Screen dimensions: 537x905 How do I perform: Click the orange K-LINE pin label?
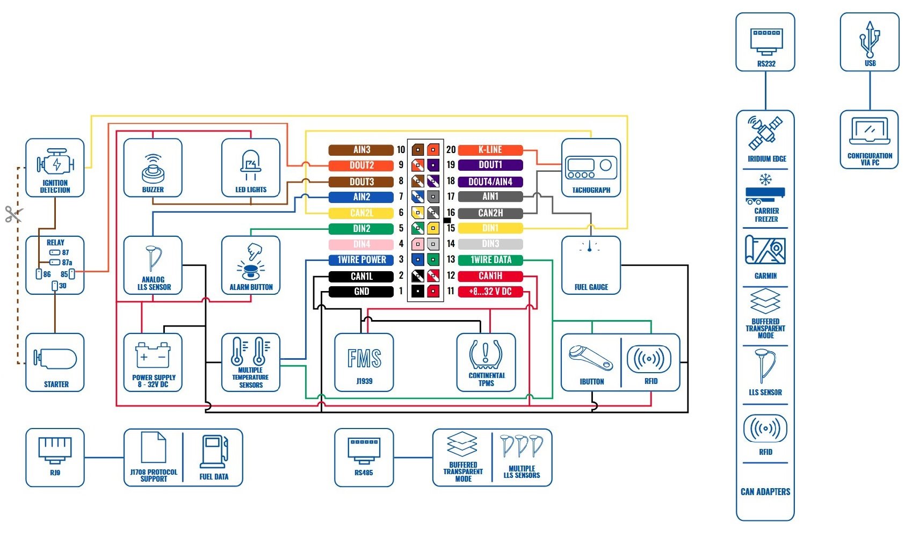point(490,150)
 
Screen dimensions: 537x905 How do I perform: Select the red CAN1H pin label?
point(490,276)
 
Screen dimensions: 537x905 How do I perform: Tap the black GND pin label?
point(361,292)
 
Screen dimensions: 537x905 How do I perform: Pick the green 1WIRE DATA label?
point(490,260)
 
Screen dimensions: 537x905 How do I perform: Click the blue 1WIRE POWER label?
point(361,260)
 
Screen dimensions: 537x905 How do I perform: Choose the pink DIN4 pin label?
point(361,244)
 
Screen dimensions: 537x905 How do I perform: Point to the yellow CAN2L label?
point(361,213)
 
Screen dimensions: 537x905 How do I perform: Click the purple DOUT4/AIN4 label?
point(490,182)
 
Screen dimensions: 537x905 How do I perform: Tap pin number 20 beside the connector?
point(451,150)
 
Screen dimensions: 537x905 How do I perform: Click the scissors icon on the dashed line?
point(12,214)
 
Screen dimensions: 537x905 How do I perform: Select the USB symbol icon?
point(870,39)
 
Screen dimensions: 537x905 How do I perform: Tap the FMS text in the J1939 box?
point(364,358)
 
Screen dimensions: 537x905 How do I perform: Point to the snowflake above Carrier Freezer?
point(765,179)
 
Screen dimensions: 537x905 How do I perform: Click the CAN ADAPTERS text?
point(765,491)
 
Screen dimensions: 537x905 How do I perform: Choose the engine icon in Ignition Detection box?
point(55,163)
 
